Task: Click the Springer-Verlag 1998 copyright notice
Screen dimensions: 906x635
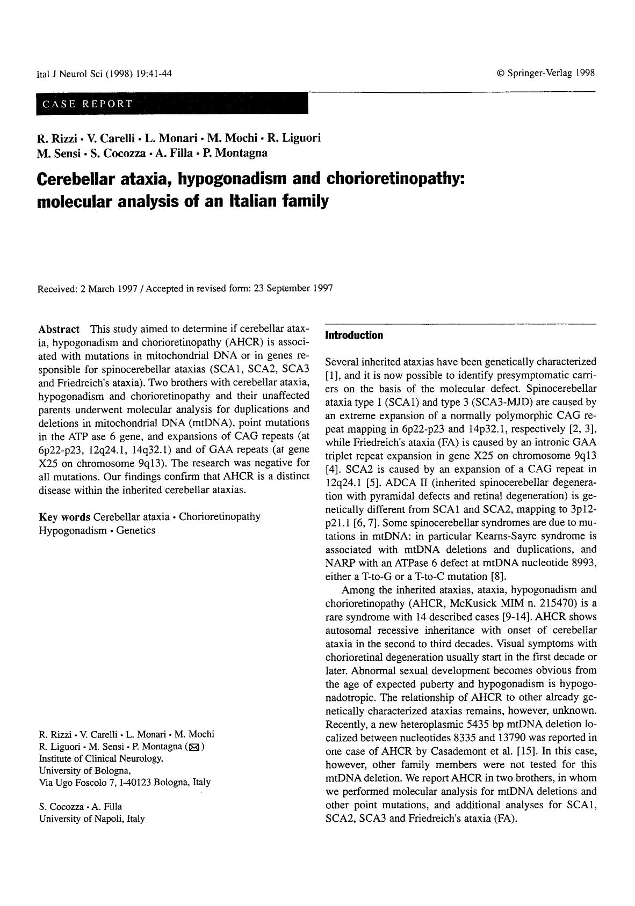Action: (x=546, y=73)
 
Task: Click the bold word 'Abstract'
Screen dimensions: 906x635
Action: (x=59, y=329)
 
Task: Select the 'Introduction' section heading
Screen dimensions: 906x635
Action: (x=354, y=335)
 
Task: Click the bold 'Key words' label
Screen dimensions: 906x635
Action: (x=64, y=516)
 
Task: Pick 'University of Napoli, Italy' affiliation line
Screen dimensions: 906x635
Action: (x=92, y=819)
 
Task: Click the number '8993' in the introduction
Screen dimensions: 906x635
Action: (x=585, y=563)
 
